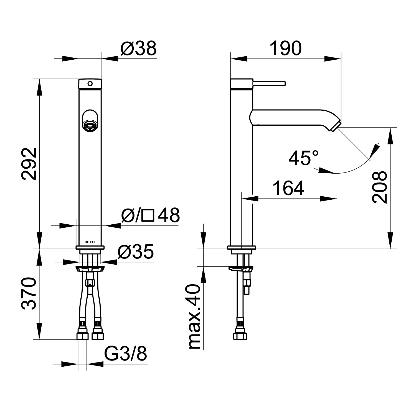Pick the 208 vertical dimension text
pyautogui.click(x=380, y=187)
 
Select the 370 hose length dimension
pyautogui.click(x=29, y=293)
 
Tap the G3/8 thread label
pyautogui.click(x=126, y=354)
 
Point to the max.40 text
pyautogui.click(x=194, y=316)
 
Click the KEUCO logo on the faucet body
pyautogui.click(x=90, y=242)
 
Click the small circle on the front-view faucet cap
pyautogui.click(x=90, y=83)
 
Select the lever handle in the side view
pyautogui.click(x=269, y=83)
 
